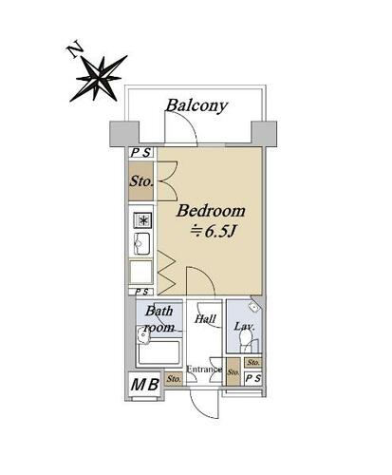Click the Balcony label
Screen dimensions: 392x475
point(196,105)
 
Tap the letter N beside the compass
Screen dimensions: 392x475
point(75,50)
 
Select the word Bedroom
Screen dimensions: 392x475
point(211,211)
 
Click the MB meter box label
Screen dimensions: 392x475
point(145,385)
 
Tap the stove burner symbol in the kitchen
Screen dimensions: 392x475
point(142,220)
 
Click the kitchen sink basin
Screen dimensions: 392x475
point(141,243)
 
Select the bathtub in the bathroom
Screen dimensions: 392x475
point(159,352)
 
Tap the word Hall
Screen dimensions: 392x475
point(205,318)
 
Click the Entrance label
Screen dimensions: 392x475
point(204,370)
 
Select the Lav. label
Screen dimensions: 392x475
point(244,326)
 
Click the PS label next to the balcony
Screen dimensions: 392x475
point(140,153)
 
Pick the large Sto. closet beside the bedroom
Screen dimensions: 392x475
point(141,181)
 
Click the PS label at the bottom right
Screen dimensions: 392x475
point(253,378)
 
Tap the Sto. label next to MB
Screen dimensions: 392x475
point(174,378)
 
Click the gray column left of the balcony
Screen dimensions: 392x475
point(124,133)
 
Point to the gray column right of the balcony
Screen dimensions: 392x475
point(264,133)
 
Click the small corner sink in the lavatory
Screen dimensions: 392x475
point(253,306)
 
